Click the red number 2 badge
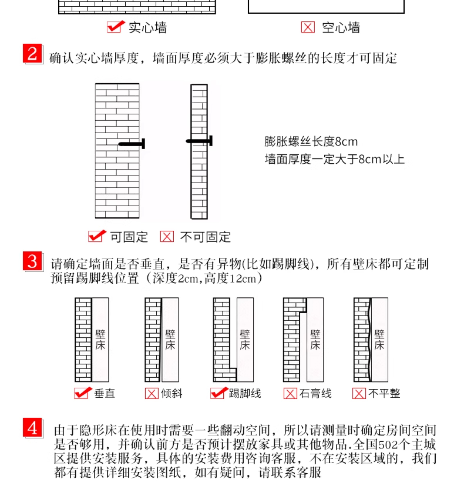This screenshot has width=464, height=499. click(32, 54)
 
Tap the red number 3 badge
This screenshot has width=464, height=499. click(32, 261)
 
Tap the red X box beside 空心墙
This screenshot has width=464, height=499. click(308, 27)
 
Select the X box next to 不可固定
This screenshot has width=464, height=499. click(167, 237)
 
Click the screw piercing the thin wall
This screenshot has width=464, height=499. click(199, 141)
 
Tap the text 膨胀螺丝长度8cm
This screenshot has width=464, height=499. click(311, 142)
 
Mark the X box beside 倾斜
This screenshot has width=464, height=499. click(152, 393)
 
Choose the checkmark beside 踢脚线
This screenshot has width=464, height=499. click(219, 393)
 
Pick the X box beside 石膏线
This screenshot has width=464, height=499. click(290, 393)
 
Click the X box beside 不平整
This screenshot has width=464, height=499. click(359, 393)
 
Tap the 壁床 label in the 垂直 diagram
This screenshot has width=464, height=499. click(100, 340)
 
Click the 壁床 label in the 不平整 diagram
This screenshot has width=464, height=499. click(379, 340)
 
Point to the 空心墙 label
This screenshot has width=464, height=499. click(341, 28)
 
